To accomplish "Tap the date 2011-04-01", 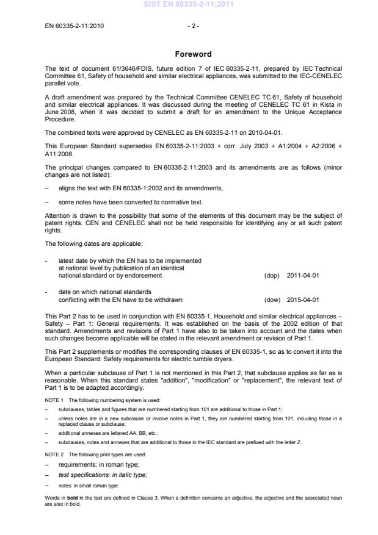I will (x=303, y=275).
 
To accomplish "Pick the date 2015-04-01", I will (x=303, y=300).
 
